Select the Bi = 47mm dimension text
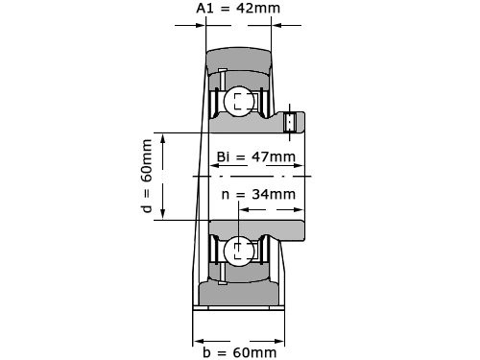click(x=255, y=156)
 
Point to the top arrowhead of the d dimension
click(x=165, y=138)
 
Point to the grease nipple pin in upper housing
click(x=221, y=77)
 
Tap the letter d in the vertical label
click(x=147, y=206)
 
